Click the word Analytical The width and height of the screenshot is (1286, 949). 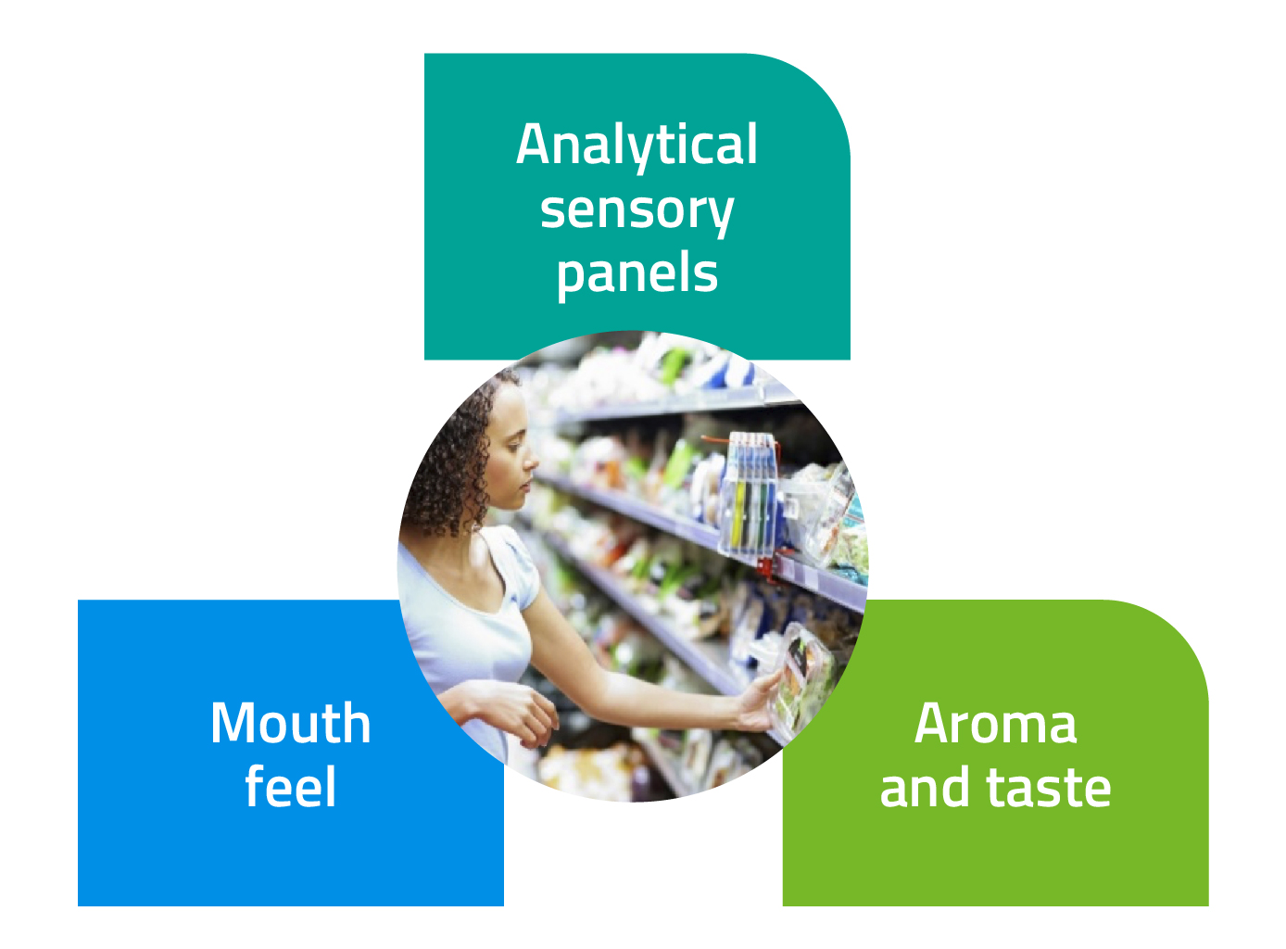[x=637, y=146]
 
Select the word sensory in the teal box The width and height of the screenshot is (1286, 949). [x=637, y=211]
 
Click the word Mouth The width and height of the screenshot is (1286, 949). [x=290, y=723]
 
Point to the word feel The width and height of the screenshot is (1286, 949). [x=290, y=788]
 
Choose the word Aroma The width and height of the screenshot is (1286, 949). [x=995, y=723]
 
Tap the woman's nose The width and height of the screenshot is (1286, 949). [x=534, y=461]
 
